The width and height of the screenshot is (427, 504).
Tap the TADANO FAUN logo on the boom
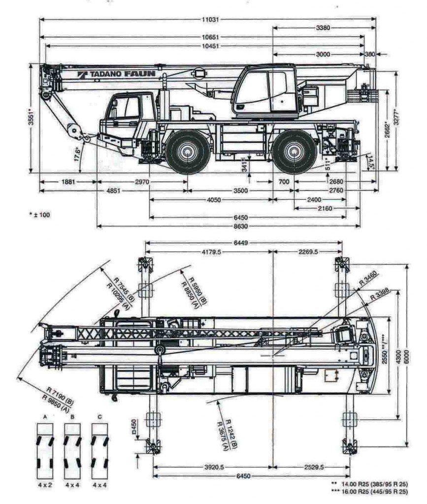coord(116,74)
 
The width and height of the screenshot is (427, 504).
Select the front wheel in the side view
coord(186,152)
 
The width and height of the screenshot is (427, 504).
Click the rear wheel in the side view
coord(295,152)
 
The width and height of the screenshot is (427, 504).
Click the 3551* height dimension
coord(31,119)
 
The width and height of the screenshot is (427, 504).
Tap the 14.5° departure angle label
coord(370,163)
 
